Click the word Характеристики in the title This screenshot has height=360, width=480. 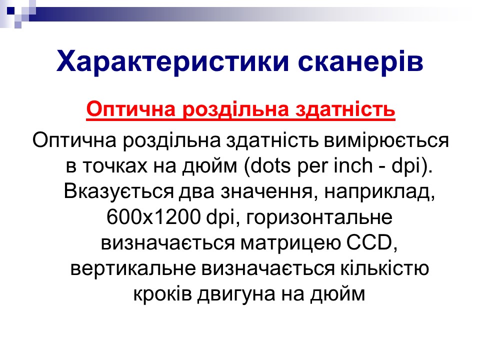pyautogui.click(x=173, y=62)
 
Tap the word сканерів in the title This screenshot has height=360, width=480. pyautogui.click(x=360, y=61)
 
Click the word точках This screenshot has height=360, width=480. pyautogui.click(x=114, y=166)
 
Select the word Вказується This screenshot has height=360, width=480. pyautogui.click(x=119, y=191)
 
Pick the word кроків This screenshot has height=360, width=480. pyautogui.click(x=162, y=294)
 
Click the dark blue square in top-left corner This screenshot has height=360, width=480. pyautogui.click(x=11, y=11)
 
